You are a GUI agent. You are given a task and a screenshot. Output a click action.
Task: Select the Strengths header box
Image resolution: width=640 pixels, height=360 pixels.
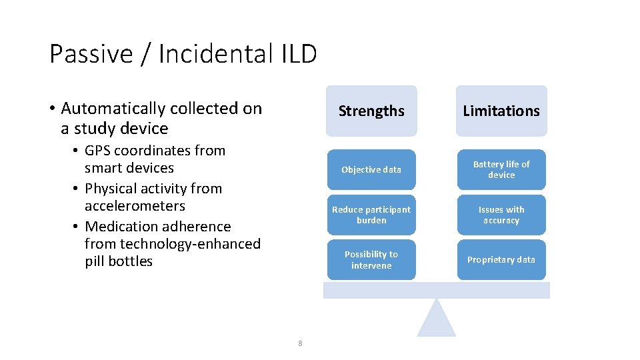371,111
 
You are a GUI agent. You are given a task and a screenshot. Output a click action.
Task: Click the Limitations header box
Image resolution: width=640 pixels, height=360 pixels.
501,111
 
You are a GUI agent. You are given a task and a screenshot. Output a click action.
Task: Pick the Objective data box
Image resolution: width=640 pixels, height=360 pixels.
371,169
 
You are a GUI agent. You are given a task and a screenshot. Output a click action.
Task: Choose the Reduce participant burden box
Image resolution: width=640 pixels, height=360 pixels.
371,215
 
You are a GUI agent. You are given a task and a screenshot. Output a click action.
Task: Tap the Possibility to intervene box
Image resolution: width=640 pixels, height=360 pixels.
371,259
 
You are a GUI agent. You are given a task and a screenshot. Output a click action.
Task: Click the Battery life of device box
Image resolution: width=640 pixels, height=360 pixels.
501,169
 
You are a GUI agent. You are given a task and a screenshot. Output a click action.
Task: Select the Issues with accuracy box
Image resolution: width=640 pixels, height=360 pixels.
501,215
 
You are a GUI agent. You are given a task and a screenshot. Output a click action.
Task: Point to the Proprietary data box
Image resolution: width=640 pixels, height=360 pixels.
501,259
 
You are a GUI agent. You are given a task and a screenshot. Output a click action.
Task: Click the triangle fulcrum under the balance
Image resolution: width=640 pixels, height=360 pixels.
437,321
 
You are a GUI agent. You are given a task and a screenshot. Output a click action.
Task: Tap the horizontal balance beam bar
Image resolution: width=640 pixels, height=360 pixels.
437,290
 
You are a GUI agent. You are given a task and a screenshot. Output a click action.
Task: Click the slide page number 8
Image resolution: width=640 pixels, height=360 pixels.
300,343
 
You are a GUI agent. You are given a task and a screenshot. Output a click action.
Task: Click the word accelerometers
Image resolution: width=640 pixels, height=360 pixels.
135,206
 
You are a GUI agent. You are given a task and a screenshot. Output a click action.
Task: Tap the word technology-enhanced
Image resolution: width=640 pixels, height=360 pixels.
173,244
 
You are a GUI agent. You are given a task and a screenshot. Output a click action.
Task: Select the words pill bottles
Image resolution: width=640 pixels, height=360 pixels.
119,261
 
